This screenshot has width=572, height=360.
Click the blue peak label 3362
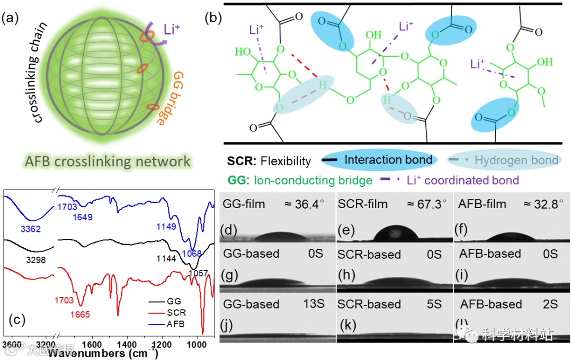(x=32, y=231)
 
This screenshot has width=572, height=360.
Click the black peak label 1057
(x=198, y=274)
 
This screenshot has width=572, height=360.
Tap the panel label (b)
(x=213, y=17)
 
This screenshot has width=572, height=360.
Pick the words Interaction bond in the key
(x=388, y=159)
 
